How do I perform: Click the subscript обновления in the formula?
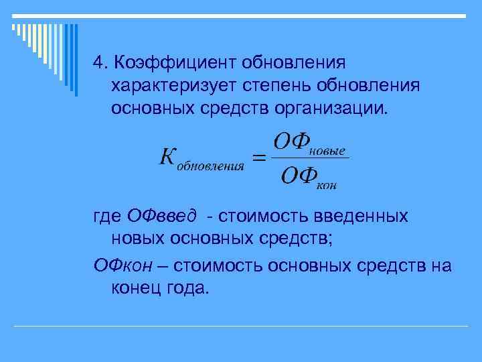tap(210, 167)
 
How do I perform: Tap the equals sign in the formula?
tap(258, 159)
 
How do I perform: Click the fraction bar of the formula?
tap(311, 159)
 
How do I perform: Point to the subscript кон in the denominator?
tap(325, 185)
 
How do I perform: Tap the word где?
tap(107, 217)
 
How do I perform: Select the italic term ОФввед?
tap(161, 216)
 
